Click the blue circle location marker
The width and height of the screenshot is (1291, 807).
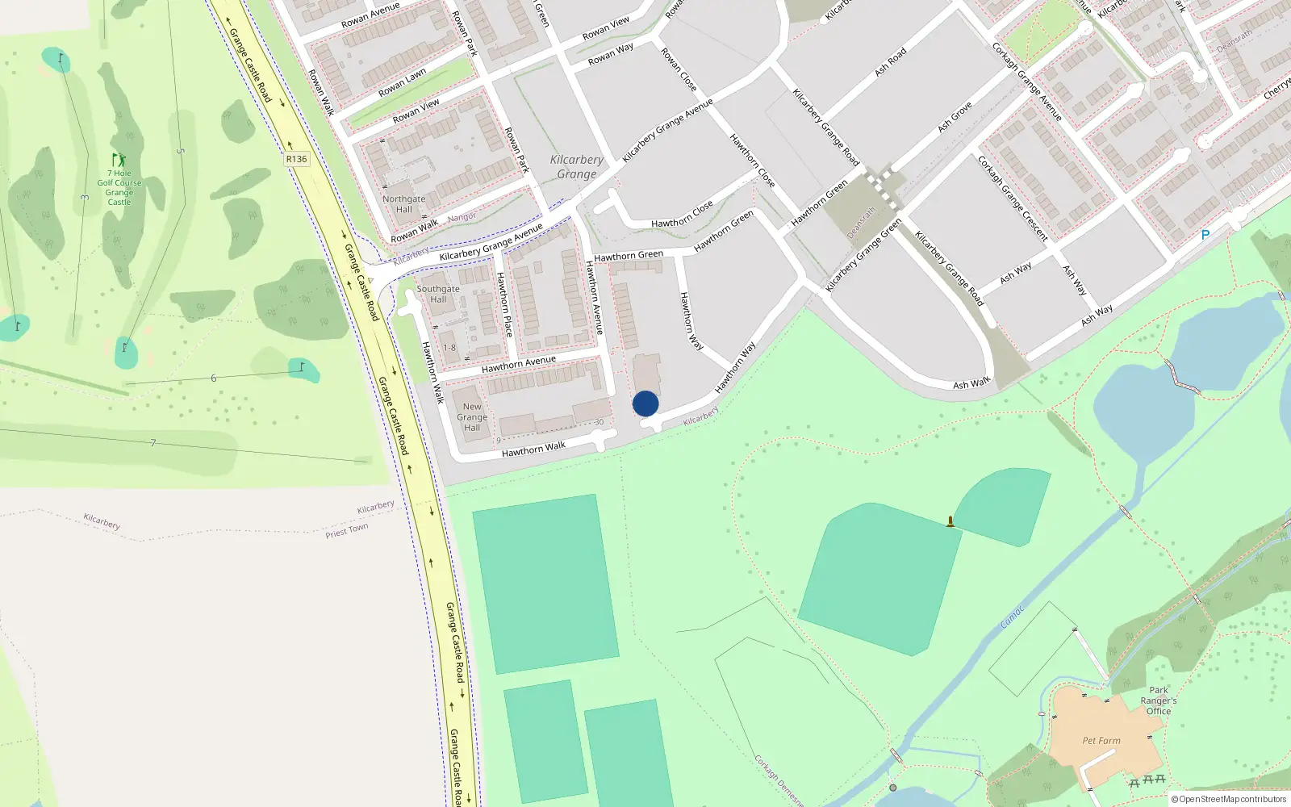(x=645, y=403)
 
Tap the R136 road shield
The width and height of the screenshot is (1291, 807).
(x=296, y=159)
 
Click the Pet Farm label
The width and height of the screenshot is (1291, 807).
(x=1101, y=740)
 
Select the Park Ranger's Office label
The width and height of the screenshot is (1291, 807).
(x=1159, y=700)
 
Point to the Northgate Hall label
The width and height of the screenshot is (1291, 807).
(x=403, y=204)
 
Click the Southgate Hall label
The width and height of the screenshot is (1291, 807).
(x=438, y=294)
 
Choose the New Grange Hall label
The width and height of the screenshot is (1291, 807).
(x=472, y=417)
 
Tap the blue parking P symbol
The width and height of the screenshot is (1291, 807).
(x=1205, y=235)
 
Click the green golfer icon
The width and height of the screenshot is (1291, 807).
(x=119, y=160)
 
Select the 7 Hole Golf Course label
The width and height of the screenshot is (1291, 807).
(x=119, y=187)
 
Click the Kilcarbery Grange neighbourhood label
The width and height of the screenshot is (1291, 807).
(x=577, y=167)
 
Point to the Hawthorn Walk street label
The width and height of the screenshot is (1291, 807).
(x=533, y=449)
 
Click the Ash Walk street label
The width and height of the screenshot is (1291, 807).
(x=971, y=383)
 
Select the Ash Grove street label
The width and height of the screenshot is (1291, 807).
(x=955, y=117)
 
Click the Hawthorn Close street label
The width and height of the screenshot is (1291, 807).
(x=682, y=215)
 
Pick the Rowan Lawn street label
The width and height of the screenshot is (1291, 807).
(x=402, y=82)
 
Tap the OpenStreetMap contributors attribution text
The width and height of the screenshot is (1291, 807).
(x=1228, y=799)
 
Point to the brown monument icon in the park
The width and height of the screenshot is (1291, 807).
(x=950, y=521)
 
